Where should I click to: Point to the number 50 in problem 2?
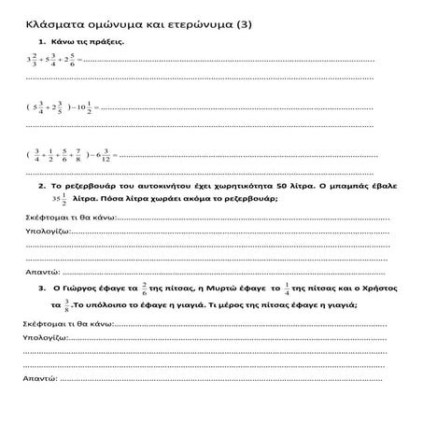coord(299,187)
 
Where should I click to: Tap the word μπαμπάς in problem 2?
coord(368,187)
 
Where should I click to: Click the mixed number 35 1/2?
coord(60,199)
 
